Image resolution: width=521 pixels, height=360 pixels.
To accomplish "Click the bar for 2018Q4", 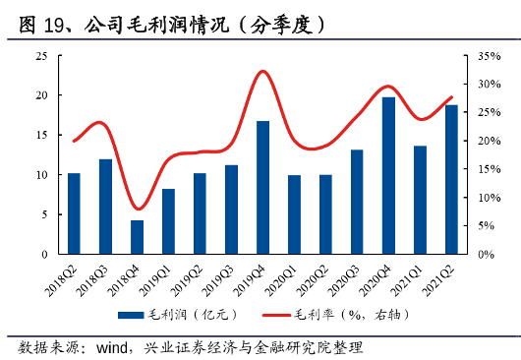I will pos(137,237).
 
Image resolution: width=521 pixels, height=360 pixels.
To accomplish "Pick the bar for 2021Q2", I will pos(451,179).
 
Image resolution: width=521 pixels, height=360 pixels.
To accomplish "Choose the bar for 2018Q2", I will pos(74,213).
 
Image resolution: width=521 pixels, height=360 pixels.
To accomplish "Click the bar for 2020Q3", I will pos(357,202).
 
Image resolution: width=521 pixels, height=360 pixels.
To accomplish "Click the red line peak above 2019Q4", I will pos(262,72).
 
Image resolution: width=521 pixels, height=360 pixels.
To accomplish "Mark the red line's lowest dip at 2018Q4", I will pos(138,209).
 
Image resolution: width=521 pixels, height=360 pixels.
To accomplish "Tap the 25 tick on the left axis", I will pos(41,56).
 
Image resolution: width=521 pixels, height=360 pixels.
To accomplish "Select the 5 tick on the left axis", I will pos(44,214).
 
